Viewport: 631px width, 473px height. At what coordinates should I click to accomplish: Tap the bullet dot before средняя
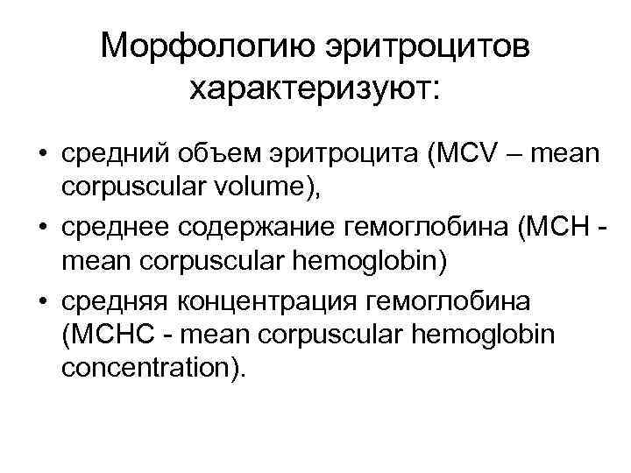(x=41, y=302)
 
